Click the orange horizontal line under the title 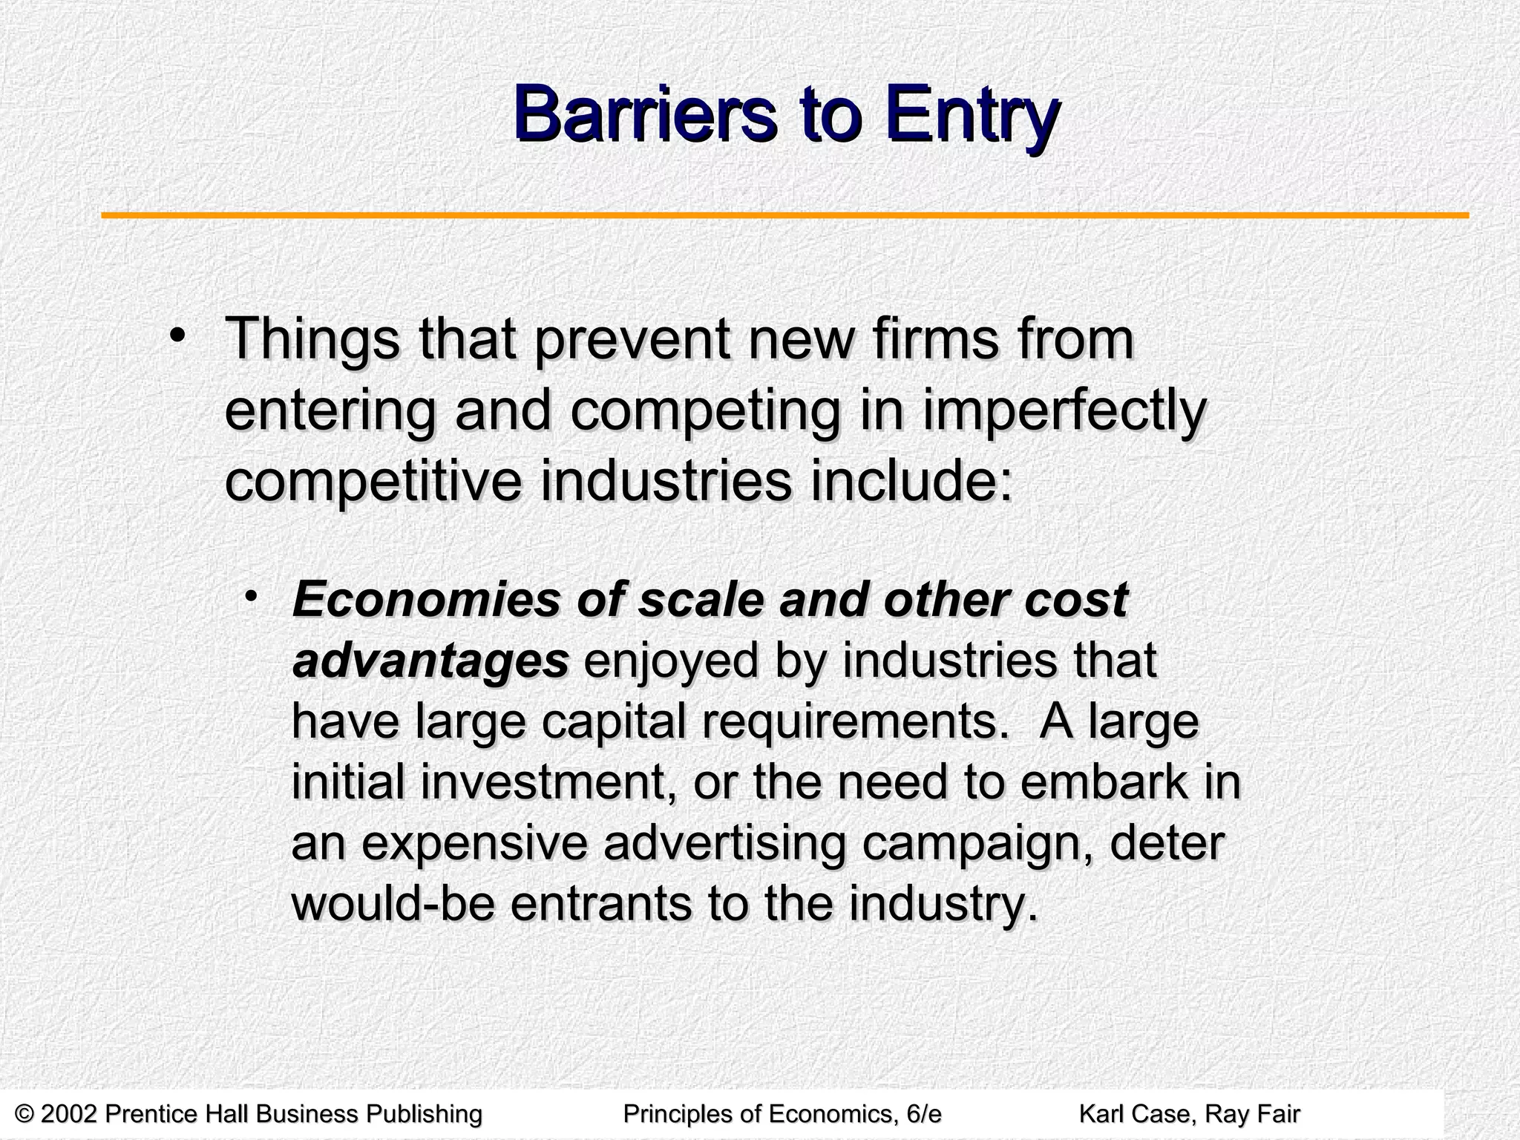click(x=784, y=216)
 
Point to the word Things click(x=312, y=340)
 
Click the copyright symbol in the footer click(x=24, y=1114)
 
